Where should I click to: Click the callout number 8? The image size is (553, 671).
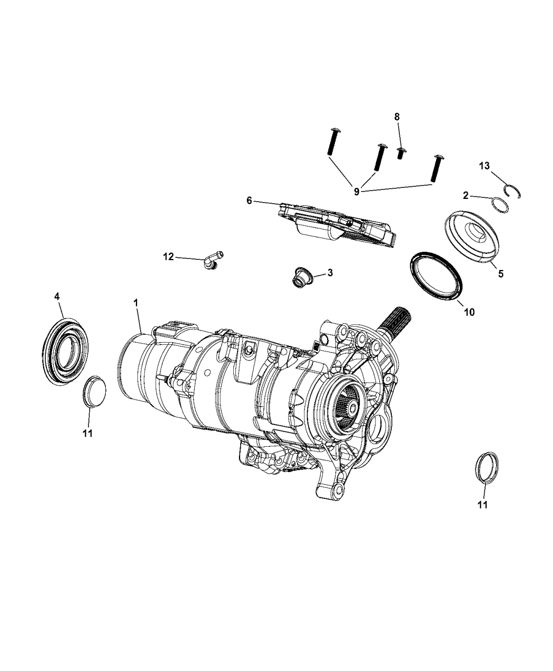[x=397, y=116]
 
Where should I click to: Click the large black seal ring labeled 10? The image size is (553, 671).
[x=436, y=277]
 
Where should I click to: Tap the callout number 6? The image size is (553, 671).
[x=249, y=201]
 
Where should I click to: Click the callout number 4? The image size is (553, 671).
[x=57, y=296]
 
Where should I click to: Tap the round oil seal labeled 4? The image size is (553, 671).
[x=63, y=347]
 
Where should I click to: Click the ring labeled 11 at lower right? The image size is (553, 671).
[x=486, y=466]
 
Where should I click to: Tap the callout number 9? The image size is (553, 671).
[x=357, y=192]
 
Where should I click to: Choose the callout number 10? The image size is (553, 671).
[x=469, y=312]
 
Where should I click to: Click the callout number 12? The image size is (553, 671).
[x=168, y=257]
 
